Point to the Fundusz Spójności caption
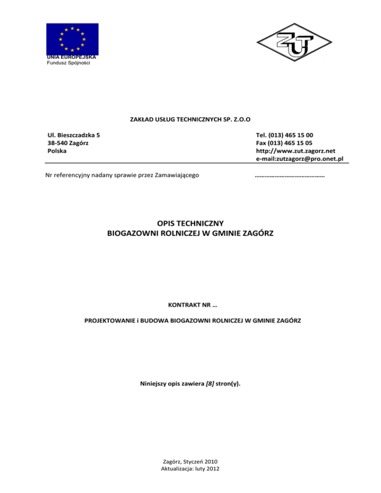tap(68, 63)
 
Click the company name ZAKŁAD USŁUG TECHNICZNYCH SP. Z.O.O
tap(190, 119)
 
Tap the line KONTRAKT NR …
tap(190, 302)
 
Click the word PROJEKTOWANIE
tap(109, 320)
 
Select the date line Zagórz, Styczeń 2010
tap(190, 461)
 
